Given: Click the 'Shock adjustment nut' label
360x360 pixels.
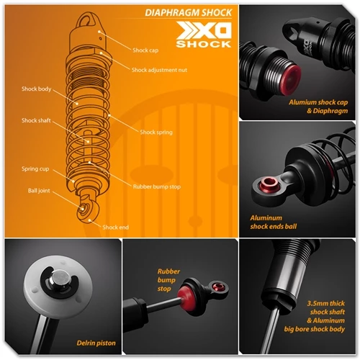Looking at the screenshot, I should coord(160,70).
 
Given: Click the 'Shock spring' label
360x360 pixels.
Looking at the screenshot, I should coord(156,132).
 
